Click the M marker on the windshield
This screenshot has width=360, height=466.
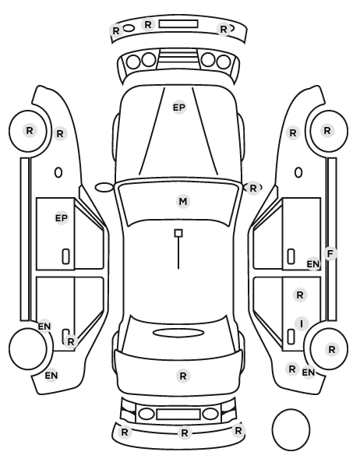point(183,202)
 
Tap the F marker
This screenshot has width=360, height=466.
point(330,254)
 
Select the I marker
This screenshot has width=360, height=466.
point(302,323)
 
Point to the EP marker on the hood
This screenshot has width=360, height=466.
point(179,108)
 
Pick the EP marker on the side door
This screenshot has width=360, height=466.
point(62,218)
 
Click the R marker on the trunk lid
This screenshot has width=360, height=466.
point(183,376)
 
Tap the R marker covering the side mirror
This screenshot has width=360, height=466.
point(252,188)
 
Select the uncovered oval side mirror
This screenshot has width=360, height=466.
point(104,188)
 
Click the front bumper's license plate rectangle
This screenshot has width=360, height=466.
point(178,24)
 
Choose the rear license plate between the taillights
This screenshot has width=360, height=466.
point(178,414)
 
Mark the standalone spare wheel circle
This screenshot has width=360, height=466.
point(291,429)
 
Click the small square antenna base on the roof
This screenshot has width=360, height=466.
point(178,233)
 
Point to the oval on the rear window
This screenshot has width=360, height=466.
point(178,333)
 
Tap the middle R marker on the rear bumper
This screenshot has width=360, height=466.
point(185,432)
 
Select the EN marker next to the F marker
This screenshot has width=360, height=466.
point(313,264)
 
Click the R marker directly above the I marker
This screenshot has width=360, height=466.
point(300,295)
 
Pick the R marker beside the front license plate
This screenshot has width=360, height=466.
point(148,24)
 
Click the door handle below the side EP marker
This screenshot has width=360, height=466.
point(65,256)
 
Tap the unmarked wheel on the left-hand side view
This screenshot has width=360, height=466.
point(28,348)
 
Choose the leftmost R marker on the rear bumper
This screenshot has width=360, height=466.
point(125,432)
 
